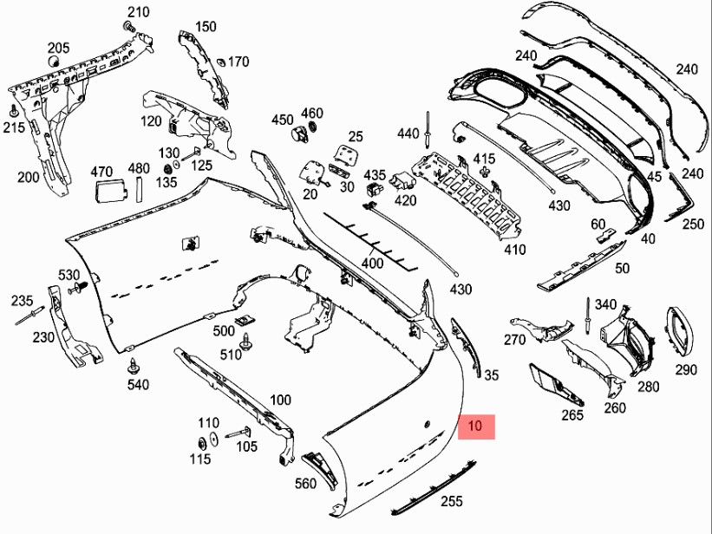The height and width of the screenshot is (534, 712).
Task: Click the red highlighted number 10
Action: pyautogui.click(x=474, y=427)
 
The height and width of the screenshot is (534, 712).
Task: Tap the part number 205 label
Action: pyautogui.click(x=58, y=47)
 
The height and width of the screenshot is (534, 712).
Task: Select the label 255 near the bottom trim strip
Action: pyautogui.click(x=451, y=501)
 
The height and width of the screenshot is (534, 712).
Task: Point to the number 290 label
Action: pyautogui.click(x=686, y=369)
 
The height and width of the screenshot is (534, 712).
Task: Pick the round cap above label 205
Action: pyautogui.click(x=53, y=63)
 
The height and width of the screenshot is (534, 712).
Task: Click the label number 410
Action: pyautogui.click(x=515, y=250)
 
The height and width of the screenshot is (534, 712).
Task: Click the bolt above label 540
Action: pyautogui.click(x=132, y=365)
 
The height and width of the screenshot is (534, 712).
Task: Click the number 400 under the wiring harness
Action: pyautogui.click(x=371, y=262)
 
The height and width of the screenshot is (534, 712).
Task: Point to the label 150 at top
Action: pyautogui.click(x=206, y=27)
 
